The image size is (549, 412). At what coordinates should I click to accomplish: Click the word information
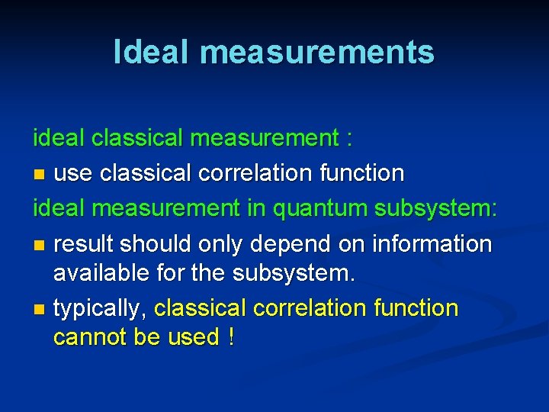pyautogui.click(x=432, y=244)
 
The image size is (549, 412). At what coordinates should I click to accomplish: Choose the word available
pyautogui.click(x=103, y=272)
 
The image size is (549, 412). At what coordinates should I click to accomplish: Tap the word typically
pyautogui.click(x=99, y=308)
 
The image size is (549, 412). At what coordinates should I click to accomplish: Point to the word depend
pyautogui.click(x=284, y=244)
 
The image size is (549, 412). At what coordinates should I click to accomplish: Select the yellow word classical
pyautogui.click(x=201, y=308)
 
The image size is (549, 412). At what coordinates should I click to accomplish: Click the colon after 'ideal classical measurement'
pyautogui.click(x=349, y=139)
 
